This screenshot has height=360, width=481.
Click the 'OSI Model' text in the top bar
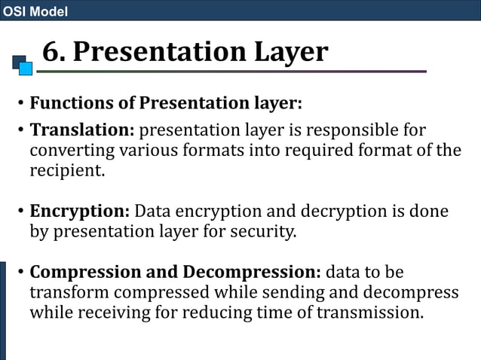(x=35, y=11)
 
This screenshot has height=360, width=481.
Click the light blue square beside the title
(x=26, y=69)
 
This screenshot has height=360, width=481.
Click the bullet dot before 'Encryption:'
(x=20, y=212)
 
